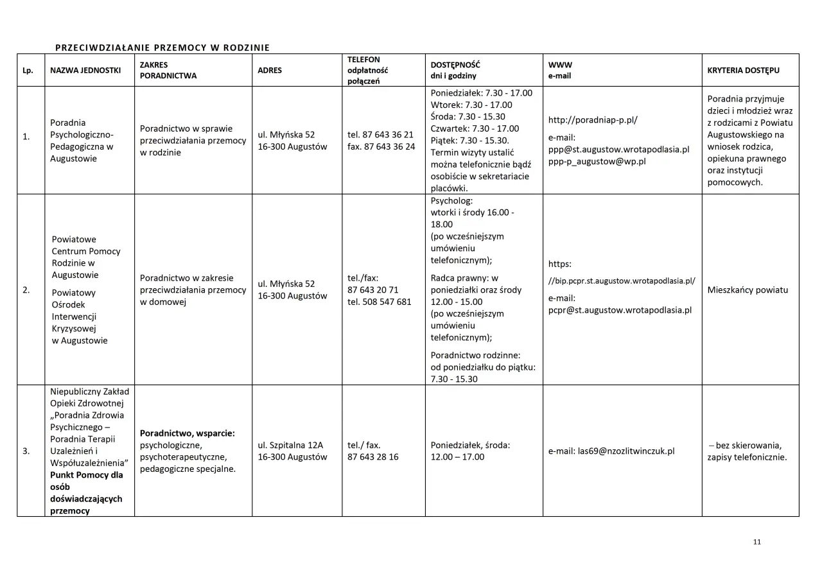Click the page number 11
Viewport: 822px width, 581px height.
pos(756,542)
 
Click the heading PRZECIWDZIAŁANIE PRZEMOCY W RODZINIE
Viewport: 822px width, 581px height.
pos(162,48)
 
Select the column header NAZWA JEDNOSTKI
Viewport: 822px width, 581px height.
pos(85,71)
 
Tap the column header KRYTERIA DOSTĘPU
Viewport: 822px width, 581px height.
pos(743,71)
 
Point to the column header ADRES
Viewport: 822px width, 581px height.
pos(270,71)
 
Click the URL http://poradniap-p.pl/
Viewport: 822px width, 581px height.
pos(593,120)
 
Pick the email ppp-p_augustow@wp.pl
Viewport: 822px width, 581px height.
pos(597,161)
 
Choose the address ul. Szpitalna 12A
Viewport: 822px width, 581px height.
pos(290,445)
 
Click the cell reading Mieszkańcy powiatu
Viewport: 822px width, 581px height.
pos(747,290)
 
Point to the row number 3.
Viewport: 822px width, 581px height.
pos(26,451)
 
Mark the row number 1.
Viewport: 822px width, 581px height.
pos(26,136)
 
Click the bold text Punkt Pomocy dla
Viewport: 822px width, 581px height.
pos(87,475)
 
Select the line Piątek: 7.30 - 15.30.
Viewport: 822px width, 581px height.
pos(470,141)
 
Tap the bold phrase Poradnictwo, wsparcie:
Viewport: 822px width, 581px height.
pos(187,433)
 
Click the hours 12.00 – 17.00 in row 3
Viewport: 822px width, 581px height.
pos(457,457)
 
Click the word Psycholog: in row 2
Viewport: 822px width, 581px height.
pos(451,200)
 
